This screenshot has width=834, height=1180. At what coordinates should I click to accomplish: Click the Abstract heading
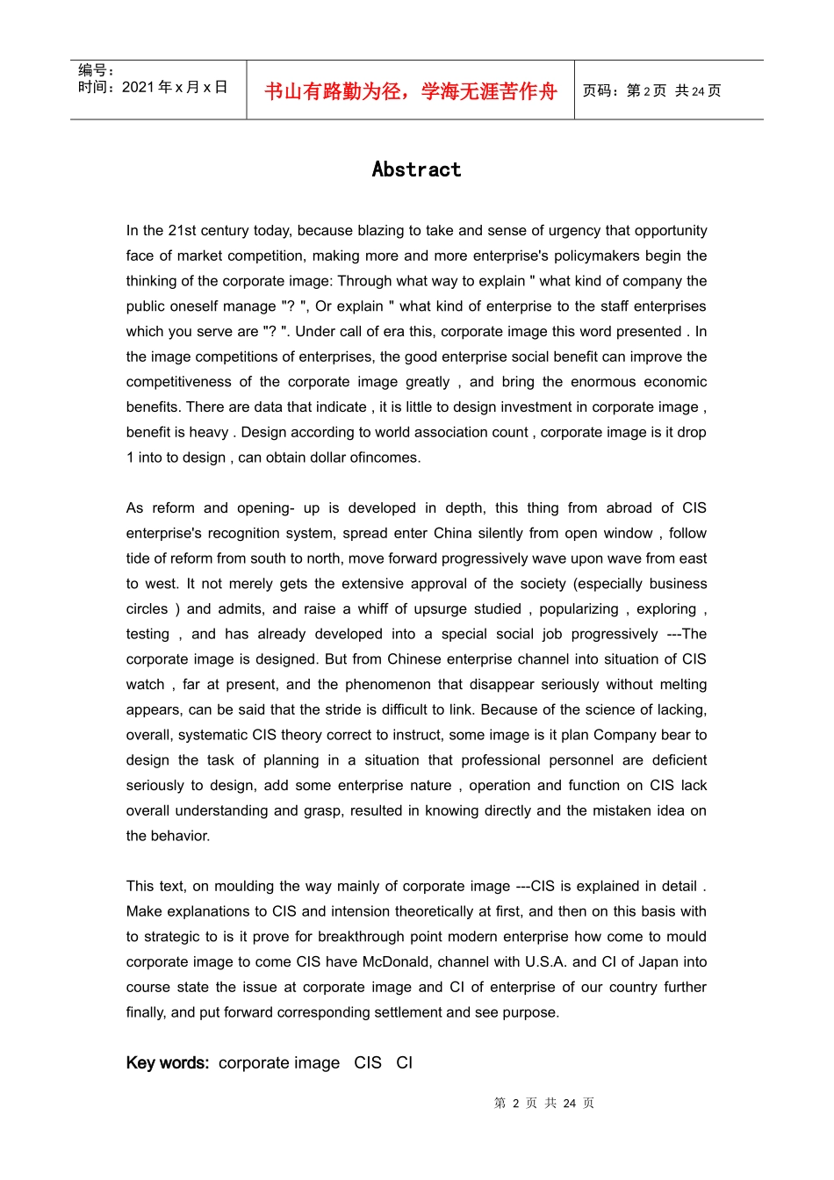(416, 169)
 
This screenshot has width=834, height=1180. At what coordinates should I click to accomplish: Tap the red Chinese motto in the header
(410, 91)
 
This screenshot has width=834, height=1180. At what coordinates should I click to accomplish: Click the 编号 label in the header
(96, 70)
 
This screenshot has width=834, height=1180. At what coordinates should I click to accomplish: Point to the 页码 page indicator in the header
(651, 90)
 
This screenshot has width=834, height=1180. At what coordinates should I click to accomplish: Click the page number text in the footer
(543, 1103)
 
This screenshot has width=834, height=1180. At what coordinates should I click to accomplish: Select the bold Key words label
(167, 1062)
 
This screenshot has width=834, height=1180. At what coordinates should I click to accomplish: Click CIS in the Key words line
(368, 1062)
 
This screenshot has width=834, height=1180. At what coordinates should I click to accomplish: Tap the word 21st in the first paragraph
(182, 231)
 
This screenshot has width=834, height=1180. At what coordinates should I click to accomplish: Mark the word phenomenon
(388, 684)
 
